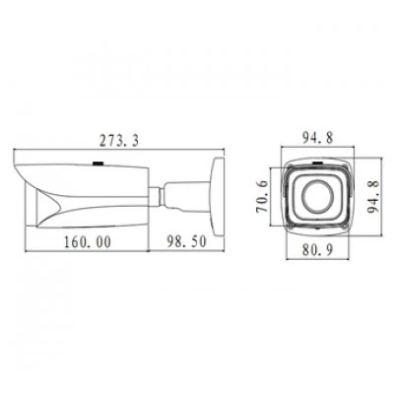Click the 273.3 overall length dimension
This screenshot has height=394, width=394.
(x=119, y=141)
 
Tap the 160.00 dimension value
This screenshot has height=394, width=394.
(x=88, y=242)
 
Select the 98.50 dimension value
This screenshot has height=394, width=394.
(x=186, y=242)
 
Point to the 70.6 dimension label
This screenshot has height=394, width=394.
(x=262, y=197)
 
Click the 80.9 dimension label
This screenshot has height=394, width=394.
(x=317, y=250)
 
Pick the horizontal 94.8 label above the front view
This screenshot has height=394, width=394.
(x=317, y=138)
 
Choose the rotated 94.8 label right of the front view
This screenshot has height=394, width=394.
(x=373, y=197)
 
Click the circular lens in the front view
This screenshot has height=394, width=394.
(x=317, y=196)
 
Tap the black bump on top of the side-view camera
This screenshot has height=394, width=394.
(x=98, y=163)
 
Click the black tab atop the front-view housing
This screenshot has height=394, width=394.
(x=317, y=164)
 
